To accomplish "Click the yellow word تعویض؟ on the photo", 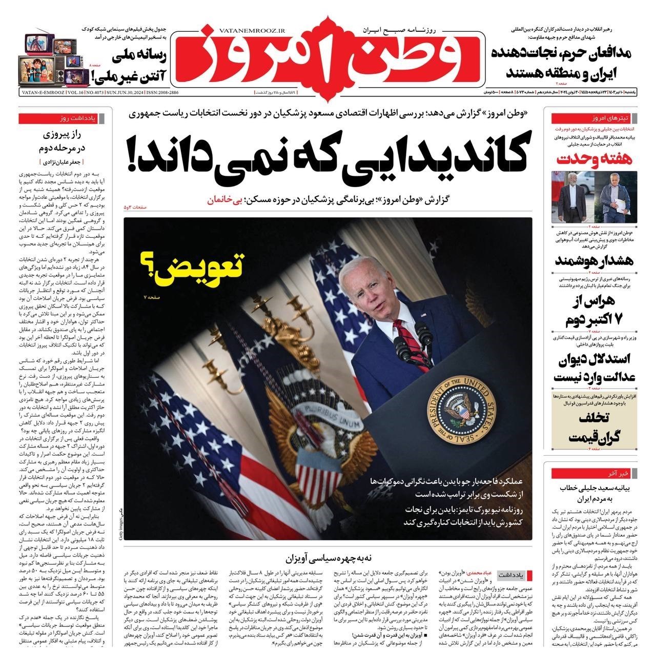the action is (191, 270).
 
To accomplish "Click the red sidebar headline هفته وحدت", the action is (595, 159).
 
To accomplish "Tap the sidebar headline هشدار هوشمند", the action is (595, 260).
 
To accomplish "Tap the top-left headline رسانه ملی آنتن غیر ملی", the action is (129, 66).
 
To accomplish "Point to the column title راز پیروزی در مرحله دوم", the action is (64, 141).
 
